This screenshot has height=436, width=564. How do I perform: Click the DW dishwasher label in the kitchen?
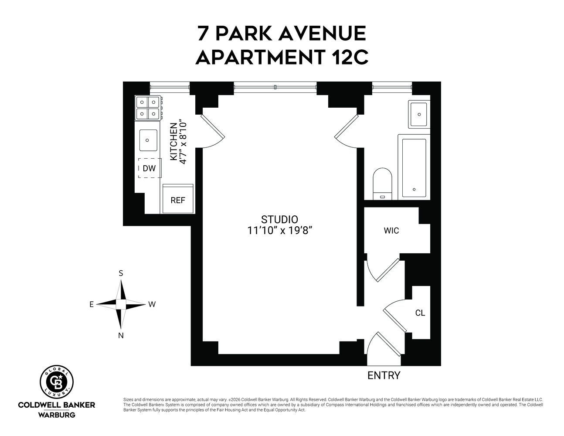149,169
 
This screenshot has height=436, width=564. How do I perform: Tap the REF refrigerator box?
178,200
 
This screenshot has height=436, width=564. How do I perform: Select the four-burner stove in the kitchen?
147,108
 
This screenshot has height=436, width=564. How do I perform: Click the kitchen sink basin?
148,140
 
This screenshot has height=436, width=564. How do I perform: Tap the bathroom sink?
419,114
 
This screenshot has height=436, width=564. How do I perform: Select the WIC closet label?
391,231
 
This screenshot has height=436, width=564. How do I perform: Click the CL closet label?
420,313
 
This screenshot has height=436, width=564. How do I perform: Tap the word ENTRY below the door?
384,375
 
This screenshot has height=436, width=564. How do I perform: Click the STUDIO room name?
279,220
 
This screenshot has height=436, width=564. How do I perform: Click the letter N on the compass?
121,335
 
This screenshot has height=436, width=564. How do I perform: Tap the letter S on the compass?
121,273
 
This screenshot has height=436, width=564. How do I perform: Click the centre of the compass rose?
121,304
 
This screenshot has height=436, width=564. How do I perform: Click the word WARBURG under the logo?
57,415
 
